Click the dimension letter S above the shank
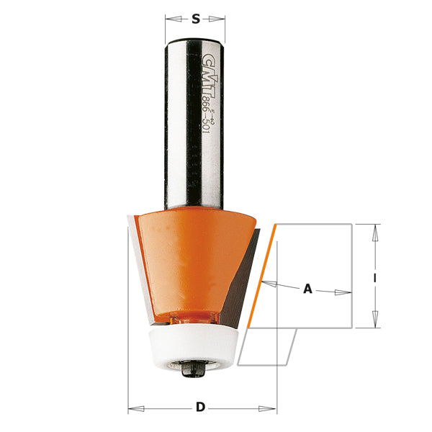[x=195, y=20]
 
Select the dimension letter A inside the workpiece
[x=307, y=289]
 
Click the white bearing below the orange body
[x=195, y=346]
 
